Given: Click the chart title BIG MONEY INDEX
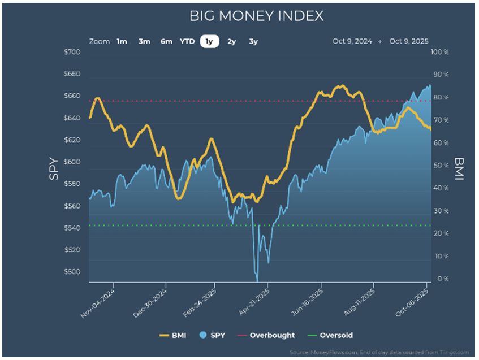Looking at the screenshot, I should pos(257,16).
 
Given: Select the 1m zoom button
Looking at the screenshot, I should pos(122,41).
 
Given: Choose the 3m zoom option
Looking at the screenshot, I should pos(144,41).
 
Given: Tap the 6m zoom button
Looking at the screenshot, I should pos(166,41).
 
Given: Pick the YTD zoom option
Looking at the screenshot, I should pos(187,41).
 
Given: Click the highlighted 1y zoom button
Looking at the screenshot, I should pos(210,41).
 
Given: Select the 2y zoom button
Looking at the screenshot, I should pos(231,41).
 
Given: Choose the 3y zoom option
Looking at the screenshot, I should pos(253,41).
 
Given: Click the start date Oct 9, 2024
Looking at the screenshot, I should pos(352,41).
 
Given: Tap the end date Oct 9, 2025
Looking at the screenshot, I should pos(409,41).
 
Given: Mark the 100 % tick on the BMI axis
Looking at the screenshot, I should pos(439,52).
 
